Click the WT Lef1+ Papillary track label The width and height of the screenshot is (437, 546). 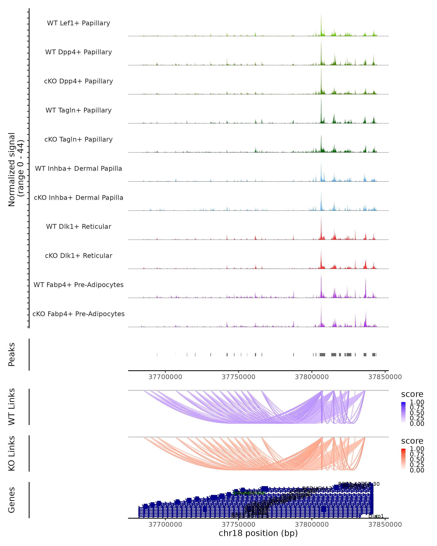pos(78,23)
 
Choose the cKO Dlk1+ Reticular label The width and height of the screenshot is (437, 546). pos(78,256)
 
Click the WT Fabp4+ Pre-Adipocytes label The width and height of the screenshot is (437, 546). pos(78,285)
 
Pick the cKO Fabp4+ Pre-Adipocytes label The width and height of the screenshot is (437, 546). pos(78,314)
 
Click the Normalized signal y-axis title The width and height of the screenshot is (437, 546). pos(16,169)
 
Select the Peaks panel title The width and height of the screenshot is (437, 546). pos(12,355)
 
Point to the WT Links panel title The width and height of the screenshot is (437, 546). pos(12,407)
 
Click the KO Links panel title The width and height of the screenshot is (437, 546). pos(12,453)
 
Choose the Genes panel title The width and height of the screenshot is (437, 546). pos(12,500)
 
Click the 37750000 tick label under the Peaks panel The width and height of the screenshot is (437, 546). pos(238,377)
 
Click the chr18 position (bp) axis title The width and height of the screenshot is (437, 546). pos(258,533)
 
